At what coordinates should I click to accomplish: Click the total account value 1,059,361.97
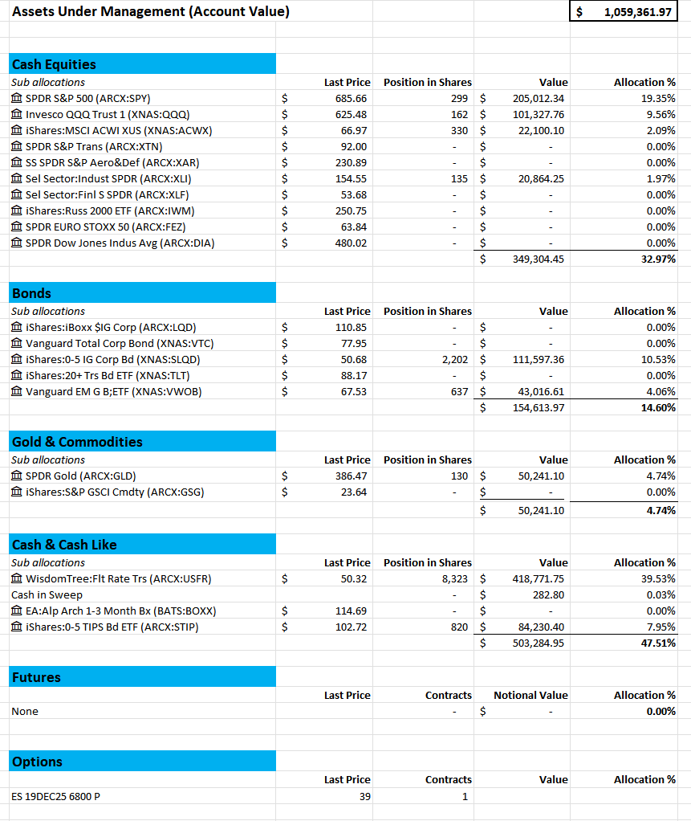coord(637,12)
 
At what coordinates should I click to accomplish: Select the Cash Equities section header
coord(54,64)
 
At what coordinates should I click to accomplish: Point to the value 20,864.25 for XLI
coord(541,178)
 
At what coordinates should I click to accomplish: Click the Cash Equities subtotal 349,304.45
coord(539,259)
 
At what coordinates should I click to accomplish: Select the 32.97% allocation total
coord(658,259)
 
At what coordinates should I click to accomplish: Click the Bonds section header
coord(31,293)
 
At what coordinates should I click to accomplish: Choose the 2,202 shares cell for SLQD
coord(455,359)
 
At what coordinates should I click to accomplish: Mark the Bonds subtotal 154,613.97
coord(539,407)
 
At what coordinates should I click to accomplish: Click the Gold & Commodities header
coord(77,442)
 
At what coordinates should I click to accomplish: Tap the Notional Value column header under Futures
coord(530,695)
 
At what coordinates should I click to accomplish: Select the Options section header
coord(37,762)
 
